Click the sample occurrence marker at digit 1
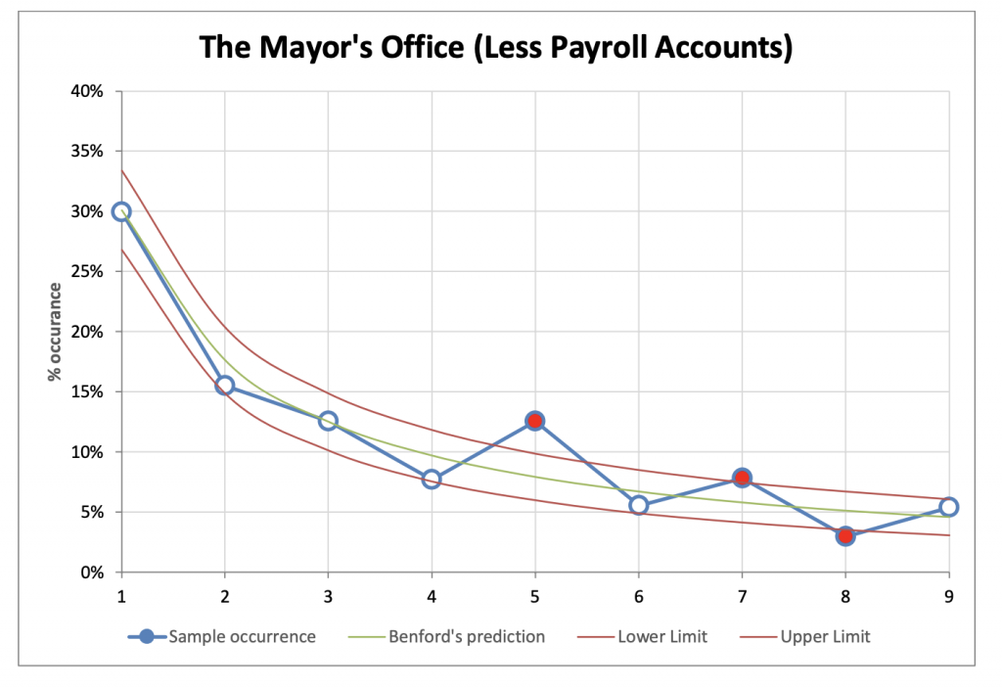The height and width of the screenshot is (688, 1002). pyautogui.click(x=121, y=211)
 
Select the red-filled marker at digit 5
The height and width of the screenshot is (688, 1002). pyautogui.click(x=534, y=421)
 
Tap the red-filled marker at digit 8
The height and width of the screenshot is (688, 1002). pyautogui.click(x=845, y=535)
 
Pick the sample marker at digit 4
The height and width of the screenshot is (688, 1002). pyautogui.click(x=432, y=480)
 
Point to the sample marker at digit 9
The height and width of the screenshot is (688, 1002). pyautogui.click(x=948, y=507)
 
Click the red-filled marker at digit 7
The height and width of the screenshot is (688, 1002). pyautogui.click(x=742, y=478)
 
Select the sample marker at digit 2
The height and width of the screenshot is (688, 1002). pyautogui.click(x=225, y=386)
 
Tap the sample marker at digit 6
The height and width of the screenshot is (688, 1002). pyautogui.click(x=639, y=505)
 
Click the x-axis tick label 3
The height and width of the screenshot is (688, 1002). pyautogui.click(x=328, y=595)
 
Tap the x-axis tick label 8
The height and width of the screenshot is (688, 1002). pyautogui.click(x=845, y=595)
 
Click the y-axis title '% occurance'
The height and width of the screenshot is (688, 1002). pyautogui.click(x=56, y=332)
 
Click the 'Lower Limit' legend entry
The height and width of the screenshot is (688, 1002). pyautogui.click(x=662, y=636)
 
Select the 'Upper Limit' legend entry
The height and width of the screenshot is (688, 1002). pyautogui.click(x=825, y=636)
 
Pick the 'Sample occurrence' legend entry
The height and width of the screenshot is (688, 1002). pyautogui.click(x=242, y=636)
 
